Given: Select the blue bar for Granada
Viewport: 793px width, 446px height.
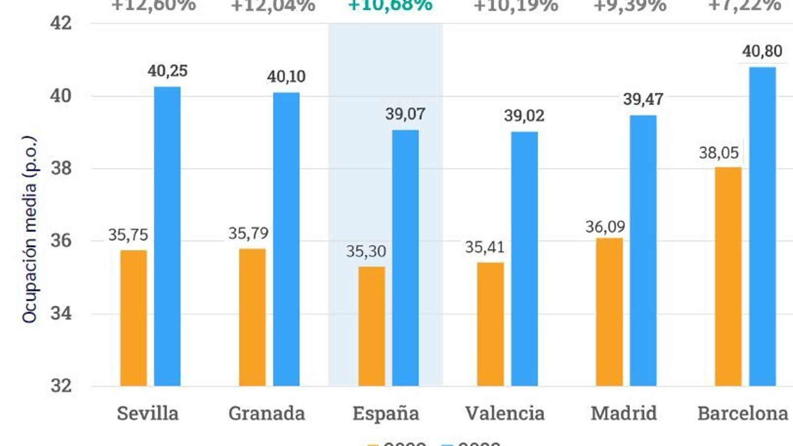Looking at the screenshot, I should tap(286, 239).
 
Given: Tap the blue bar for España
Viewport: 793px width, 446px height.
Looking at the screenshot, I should tap(405, 258).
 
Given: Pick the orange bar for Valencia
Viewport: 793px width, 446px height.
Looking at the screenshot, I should tap(490, 324).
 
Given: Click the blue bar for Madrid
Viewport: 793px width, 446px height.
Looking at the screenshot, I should tap(643, 250).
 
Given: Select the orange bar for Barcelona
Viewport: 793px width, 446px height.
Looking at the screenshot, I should tap(728, 277).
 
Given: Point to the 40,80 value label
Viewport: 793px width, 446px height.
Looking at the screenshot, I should tap(762, 51).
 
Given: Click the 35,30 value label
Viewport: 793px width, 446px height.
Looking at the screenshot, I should tap(366, 251).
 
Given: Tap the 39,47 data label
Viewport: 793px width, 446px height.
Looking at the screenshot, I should tap(643, 99).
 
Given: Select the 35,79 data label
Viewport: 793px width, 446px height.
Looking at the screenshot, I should tap(248, 233).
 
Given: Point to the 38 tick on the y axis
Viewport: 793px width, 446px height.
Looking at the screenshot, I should tap(61, 168).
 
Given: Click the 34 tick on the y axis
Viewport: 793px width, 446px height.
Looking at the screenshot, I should tap(61, 313).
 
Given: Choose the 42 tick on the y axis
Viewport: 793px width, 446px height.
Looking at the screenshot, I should tap(61, 23).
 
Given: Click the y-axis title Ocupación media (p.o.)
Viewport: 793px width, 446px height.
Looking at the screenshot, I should tap(30, 229).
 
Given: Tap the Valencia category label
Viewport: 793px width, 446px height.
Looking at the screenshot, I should tap(505, 413).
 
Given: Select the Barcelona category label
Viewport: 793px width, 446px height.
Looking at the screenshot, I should tap(742, 413).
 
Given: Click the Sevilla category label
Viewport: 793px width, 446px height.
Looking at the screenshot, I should tap(148, 413).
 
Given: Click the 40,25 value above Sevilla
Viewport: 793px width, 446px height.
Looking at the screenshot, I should tap(168, 71).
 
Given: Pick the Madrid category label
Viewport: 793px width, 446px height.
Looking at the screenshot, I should tap(623, 413).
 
